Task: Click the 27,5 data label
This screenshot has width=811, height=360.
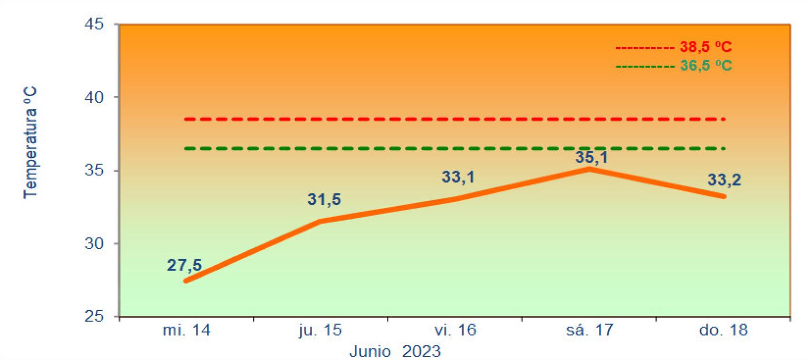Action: [x=184, y=265]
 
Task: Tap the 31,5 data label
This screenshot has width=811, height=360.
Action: [x=324, y=200]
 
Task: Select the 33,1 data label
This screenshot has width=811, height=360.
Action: [x=458, y=177]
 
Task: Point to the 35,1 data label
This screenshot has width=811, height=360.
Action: [x=591, y=157]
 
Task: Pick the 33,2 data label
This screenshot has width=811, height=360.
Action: [x=724, y=180]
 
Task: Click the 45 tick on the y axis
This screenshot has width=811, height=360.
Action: [x=94, y=24]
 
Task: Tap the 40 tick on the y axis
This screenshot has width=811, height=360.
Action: [x=94, y=97]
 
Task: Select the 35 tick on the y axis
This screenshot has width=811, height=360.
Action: [x=94, y=170]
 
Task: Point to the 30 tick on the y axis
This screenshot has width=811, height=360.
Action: [x=94, y=243]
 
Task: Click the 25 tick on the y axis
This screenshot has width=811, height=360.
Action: [x=94, y=317]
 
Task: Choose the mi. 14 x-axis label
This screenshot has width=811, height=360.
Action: [x=186, y=331]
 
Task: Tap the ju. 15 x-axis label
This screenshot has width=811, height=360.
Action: [x=320, y=331]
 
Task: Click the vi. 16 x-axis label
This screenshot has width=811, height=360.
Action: [x=455, y=331]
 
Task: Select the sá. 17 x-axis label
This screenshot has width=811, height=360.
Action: [x=589, y=330]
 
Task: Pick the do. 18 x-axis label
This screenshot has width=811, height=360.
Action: [x=724, y=331]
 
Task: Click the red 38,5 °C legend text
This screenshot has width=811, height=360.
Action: [x=705, y=47]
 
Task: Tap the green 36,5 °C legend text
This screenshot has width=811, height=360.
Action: [x=705, y=66]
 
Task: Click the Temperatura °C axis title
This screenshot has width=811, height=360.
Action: [x=30, y=143]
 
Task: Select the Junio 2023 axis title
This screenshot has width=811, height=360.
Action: [x=395, y=351]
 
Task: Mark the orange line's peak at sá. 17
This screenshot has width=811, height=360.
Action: [x=589, y=169]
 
